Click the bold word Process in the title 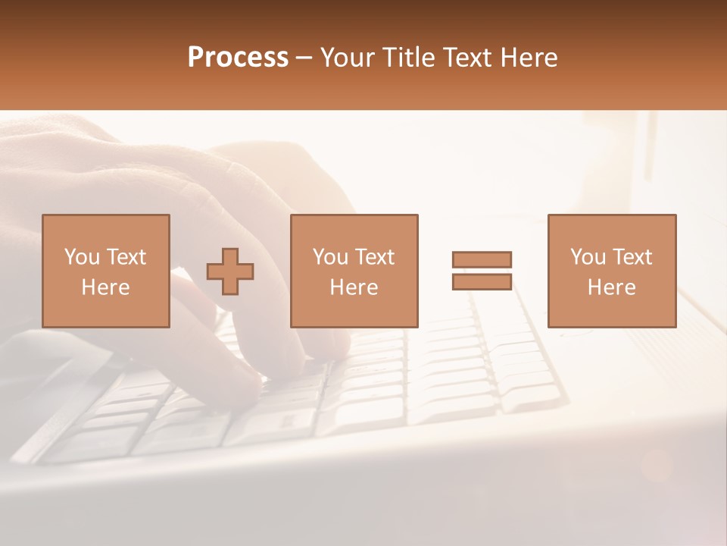pyautogui.click(x=238, y=58)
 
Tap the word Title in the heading pyautogui.click(x=410, y=58)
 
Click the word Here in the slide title pyautogui.click(x=530, y=58)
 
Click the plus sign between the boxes pyautogui.click(x=230, y=271)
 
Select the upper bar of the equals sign pyautogui.click(x=482, y=259)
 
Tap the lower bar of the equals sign pyautogui.click(x=482, y=282)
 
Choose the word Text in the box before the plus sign pyautogui.click(x=126, y=257)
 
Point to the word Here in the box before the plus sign pyautogui.click(x=105, y=287)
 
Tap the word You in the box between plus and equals pyautogui.click(x=330, y=257)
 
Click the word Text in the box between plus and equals pyautogui.click(x=374, y=257)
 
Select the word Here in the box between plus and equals pyautogui.click(x=354, y=287)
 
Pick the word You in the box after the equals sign pyautogui.click(x=588, y=257)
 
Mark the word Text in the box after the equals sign pyautogui.click(x=632, y=257)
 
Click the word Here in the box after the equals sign pyautogui.click(x=611, y=287)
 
